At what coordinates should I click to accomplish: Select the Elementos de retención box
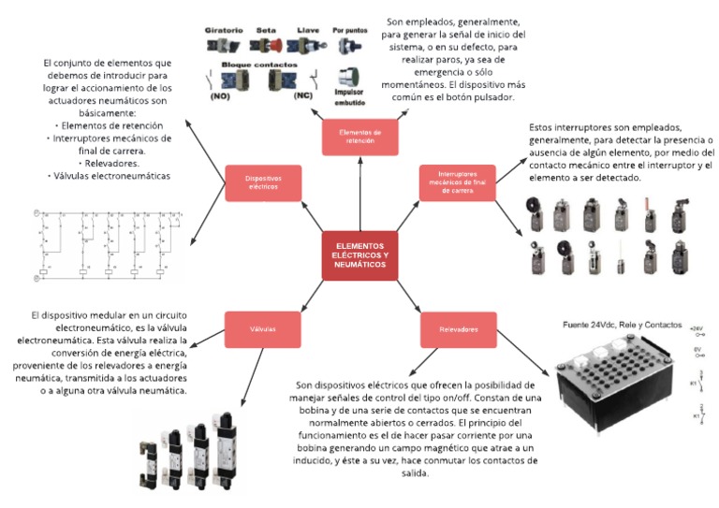coord(359,137)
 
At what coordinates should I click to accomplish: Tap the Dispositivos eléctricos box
coord(263,181)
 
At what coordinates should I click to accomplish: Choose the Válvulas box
coord(263,329)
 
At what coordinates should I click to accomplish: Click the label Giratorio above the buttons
coord(224,30)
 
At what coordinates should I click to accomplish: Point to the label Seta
coord(266,30)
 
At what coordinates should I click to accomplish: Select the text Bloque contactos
coord(252,65)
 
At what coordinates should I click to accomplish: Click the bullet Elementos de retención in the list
coord(110,125)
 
